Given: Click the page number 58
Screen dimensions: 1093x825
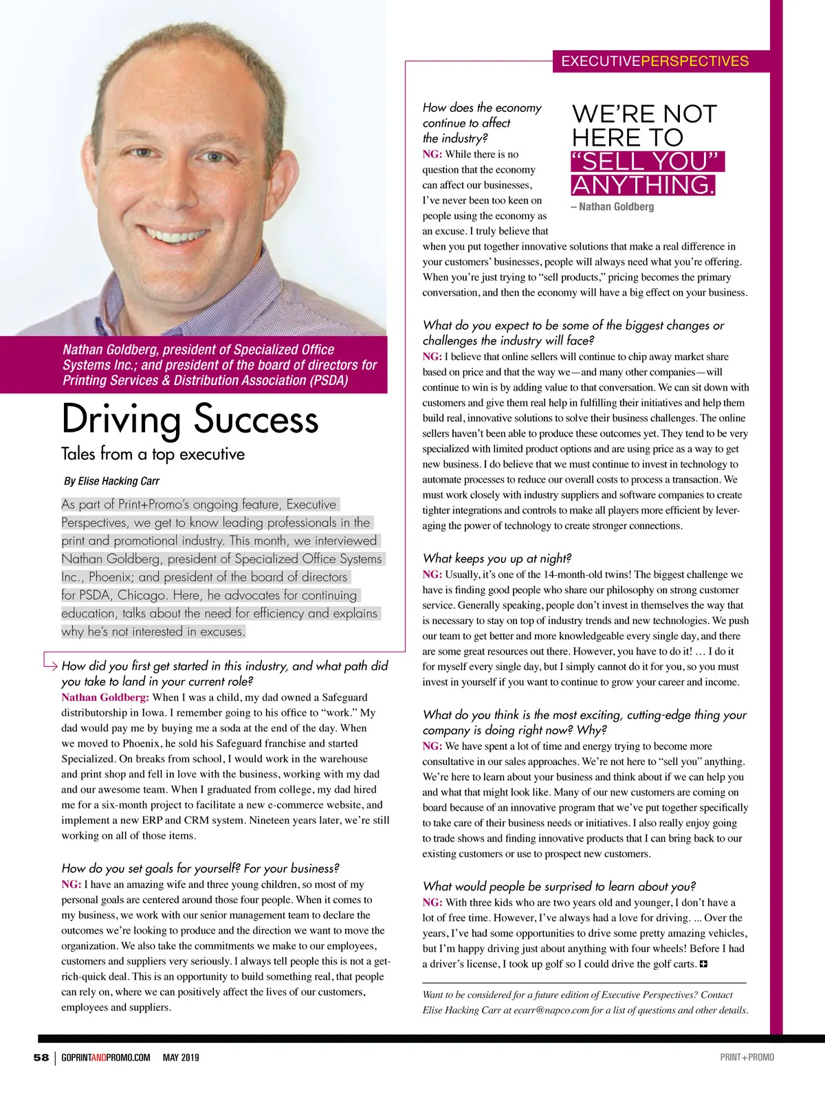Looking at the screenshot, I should tap(41, 1057).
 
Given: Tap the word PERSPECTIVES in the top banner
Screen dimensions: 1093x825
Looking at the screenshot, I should tap(694, 61).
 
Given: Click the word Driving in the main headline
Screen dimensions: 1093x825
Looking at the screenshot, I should tap(120, 419).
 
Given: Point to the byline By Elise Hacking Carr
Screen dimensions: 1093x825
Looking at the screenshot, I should tap(111, 481).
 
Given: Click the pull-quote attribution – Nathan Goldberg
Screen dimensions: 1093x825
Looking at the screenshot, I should tap(613, 206).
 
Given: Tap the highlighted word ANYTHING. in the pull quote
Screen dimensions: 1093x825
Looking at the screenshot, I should tap(643, 185).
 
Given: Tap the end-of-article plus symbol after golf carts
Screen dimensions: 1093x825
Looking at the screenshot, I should tap(703, 964).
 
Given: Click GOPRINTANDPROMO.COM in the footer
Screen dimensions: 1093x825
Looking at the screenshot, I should tap(105, 1057).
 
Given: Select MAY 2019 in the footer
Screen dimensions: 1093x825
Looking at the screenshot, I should tap(180, 1057).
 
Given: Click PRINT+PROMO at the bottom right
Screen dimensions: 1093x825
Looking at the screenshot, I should tap(747, 1057).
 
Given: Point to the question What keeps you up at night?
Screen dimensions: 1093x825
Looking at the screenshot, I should tap(497, 558).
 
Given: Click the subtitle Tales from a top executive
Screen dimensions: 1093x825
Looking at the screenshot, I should tap(153, 454).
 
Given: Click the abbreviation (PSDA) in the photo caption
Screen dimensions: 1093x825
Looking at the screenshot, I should tap(324, 380).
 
